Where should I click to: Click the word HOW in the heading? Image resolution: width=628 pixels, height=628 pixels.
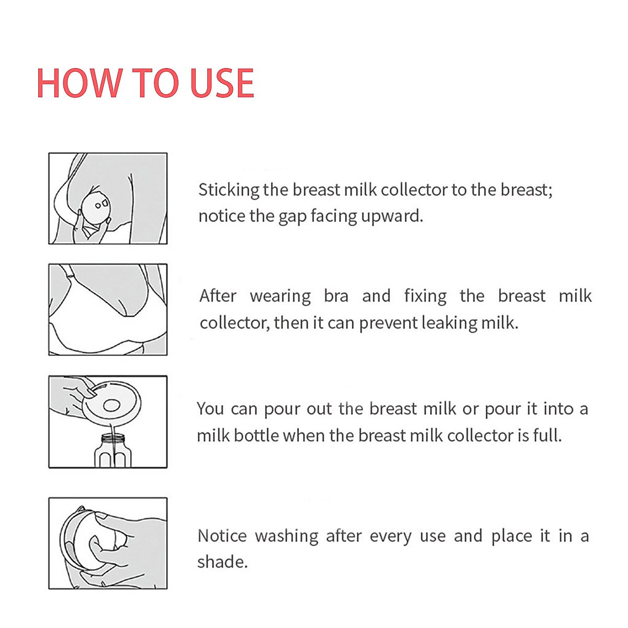78,84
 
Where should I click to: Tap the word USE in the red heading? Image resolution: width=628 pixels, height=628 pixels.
222,84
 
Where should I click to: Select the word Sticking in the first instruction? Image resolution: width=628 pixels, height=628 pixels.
229,190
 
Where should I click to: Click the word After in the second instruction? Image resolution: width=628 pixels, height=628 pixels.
218,296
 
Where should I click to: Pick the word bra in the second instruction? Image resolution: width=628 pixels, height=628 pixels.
336,296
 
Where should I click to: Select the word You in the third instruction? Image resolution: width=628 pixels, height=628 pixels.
210,409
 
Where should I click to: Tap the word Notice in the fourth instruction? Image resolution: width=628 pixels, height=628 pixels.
222,536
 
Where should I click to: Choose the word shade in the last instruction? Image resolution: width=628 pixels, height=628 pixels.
222,562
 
